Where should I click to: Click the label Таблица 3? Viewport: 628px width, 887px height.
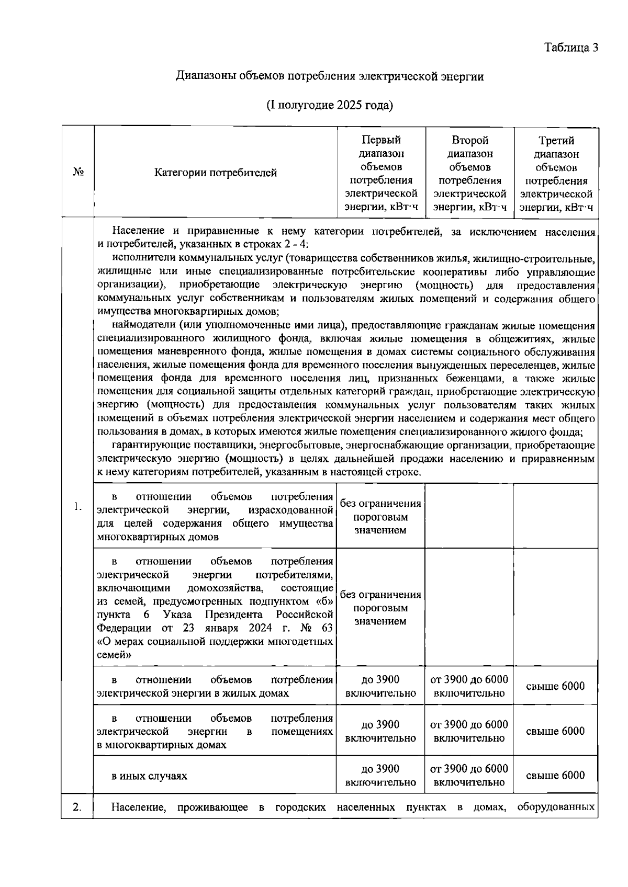[571, 48]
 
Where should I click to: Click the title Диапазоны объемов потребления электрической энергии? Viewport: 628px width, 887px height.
[330, 76]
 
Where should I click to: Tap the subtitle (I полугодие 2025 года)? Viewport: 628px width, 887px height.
[330, 105]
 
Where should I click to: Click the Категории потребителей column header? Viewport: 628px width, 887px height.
[216, 173]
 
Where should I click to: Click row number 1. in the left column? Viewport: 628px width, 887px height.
[77, 506]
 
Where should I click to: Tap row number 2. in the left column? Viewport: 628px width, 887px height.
[77, 807]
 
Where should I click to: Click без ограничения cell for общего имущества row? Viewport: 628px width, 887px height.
[380, 517]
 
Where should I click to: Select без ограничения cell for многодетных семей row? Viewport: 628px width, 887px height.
[380, 608]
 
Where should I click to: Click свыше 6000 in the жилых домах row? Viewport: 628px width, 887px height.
[555, 686]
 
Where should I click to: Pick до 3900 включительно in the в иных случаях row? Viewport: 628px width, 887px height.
[380, 776]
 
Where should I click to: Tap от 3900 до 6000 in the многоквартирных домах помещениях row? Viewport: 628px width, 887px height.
[469, 731]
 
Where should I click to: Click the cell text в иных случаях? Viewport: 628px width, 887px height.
[150, 776]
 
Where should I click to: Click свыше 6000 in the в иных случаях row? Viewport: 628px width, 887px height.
[555, 775]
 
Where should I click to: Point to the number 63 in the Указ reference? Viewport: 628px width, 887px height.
[324, 628]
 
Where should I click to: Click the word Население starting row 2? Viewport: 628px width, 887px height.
[139, 808]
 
